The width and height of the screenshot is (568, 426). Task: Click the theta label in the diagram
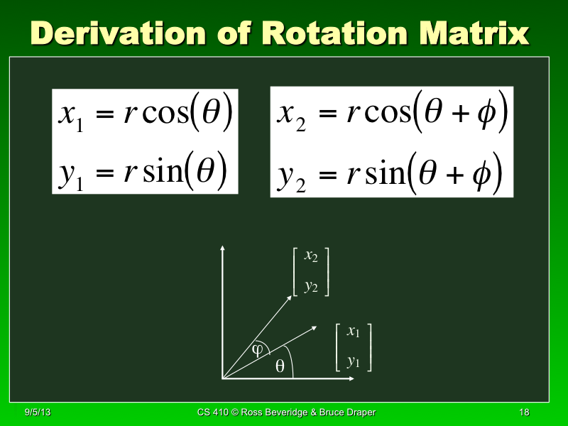tap(280, 366)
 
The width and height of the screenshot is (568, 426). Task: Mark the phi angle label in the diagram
tap(258, 349)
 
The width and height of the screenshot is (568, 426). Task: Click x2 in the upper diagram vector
tap(311, 257)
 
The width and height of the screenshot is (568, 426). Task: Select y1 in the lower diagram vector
tap(354, 361)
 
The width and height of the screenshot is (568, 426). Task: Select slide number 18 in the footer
tap(525, 413)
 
